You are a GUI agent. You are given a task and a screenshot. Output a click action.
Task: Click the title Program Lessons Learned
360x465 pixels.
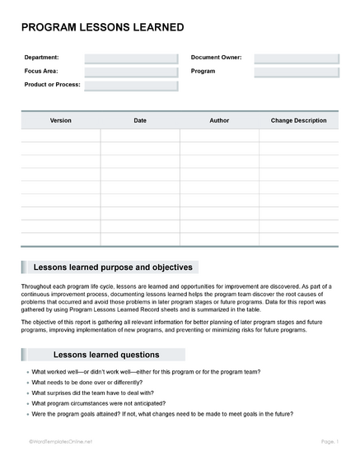pyautogui.click(x=102, y=27)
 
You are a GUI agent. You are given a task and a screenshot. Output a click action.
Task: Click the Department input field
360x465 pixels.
pyautogui.click(x=131, y=58)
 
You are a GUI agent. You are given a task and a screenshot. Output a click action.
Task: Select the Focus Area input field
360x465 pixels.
pyautogui.click(x=131, y=72)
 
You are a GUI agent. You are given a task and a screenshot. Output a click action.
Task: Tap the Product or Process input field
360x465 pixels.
pyautogui.click(x=131, y=85)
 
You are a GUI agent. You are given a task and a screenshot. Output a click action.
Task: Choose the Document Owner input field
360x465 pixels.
pyautogui.click(x=296, y=58)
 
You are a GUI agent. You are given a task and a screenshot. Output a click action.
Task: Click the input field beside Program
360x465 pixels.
pyautogui.click(x=296, y=72)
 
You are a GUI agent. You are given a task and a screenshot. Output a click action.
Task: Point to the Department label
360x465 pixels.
pyautogui.click(x=41, y=58)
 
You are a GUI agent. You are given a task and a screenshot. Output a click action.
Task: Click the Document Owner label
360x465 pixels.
pyautogui.click(x=216, y=58)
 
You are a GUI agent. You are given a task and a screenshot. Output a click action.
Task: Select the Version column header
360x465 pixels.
pyautogui.click(x=61, y=120)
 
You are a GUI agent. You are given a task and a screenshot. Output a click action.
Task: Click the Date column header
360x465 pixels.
pyautogui.click(x=140, y=120)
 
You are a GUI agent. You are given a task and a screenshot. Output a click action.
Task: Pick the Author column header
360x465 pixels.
pyautogui.click(x=219, y=120)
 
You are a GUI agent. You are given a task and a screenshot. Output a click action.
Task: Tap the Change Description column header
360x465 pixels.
pyautogui.click(x=298, y=120)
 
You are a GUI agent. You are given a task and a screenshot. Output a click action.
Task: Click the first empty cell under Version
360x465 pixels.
pyautogui.click(x=61, y=136)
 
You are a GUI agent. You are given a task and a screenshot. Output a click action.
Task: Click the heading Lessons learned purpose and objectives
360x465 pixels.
pyautogui.click(x=112, y=267)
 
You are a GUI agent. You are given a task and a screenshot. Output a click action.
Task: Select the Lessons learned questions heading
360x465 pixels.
pyautogui.click(x=106, y=355)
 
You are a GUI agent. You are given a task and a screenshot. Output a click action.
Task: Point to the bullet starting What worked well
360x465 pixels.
pyautogui.click(x=145, y=372)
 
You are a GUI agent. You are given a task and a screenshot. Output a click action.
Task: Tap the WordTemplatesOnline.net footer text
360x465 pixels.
pyautogui.click(x=58, y=442)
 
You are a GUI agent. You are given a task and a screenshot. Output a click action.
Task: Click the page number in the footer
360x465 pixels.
pyautogui.click(x=329, y=442)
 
